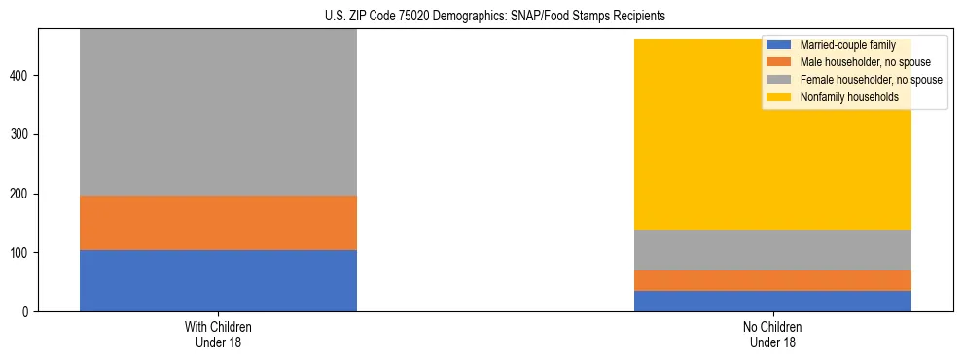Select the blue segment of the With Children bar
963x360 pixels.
click(218, 280)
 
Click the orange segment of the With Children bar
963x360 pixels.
click(218, 223)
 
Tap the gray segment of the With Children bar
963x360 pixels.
click(218, 112)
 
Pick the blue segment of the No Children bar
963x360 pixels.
click(772, 301)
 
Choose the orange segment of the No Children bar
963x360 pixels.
click(772, 280)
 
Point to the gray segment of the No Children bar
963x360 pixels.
click(772, 250)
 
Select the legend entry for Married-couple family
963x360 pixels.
click(846, 45)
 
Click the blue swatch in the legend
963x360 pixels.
click(779, 45)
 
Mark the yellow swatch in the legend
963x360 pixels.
click(779, 97)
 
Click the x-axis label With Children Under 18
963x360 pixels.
click(218, 334)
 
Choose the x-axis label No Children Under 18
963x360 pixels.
click(772, 334)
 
